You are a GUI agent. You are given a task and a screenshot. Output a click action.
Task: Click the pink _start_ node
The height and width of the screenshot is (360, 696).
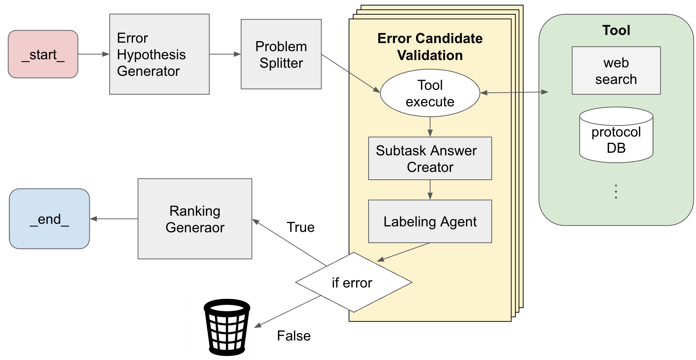pyautogui.click(x=43, y=54)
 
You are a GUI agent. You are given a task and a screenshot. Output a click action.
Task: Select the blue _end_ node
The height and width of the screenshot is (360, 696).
pyautogui.click(x=49, y=219)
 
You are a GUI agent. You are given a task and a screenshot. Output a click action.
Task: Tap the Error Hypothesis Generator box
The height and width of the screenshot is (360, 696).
pyautogui.click(x=159, y=54)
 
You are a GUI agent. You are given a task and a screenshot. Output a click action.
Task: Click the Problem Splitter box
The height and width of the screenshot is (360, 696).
pyautogui.click(x=281, y=54)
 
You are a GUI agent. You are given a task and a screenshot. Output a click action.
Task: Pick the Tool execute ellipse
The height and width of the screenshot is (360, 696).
pyautogui.click(x=430, y=93)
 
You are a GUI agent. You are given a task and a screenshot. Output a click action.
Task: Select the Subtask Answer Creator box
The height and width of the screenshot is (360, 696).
pyautogui.click(x=430, y=159)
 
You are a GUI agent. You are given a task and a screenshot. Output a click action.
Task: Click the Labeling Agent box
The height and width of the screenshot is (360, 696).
pyautogui.click(x=430, y=222)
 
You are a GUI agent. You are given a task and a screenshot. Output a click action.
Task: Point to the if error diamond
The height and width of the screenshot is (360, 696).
pyautogui.click(x=353, y=283)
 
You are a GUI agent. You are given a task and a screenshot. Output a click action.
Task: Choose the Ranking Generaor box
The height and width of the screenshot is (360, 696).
pyautogui.click(x=195, y=219)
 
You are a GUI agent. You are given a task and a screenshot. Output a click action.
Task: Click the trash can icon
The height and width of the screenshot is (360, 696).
pyautogui.click(x=227, y=327)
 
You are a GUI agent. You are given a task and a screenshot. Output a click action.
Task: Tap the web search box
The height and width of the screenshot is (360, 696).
pyautogui.click(x=616, y=71)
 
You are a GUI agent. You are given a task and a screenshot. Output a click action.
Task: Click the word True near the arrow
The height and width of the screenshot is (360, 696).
pyautogui.click(x=300, y=227)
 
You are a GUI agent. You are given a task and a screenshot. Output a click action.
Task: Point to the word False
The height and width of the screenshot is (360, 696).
pyautogui.click(x=294, y=336)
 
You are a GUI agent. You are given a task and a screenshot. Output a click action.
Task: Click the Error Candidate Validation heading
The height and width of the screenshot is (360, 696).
pyautogui.click(x=430, y=47)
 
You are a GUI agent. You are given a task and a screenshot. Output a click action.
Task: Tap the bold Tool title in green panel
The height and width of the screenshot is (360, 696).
pyautogui.click(x=616, y=30)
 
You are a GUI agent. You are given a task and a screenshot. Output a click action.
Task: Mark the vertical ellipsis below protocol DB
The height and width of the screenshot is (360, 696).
pyautogui.click(x=616, y=192)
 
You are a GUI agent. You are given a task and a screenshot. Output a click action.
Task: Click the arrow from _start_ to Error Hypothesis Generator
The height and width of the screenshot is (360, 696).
pyautogui.click(x=93, y=54)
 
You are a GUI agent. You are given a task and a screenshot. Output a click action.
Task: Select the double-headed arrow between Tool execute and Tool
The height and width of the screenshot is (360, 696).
pyautogui.click(x=514, y=92)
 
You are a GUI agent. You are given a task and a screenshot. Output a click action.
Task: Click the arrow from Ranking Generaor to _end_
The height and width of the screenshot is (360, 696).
pyautogui.click(x=114, y=219)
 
